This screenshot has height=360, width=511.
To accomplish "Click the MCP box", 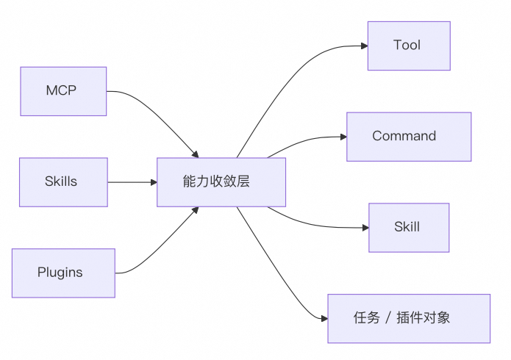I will (63, 91).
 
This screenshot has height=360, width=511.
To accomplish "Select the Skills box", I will (63, 181).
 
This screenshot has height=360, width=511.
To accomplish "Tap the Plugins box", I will (63, 273).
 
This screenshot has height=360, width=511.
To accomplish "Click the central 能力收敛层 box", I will (221, 181).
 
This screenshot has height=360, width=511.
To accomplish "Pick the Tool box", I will (409, 46).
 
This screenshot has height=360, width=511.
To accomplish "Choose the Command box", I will (409, 136).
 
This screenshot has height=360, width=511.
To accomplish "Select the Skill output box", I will (409, 227).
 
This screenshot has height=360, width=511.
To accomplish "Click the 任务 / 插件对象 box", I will (409, 318).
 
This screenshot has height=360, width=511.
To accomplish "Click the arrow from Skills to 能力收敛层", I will (132, 181).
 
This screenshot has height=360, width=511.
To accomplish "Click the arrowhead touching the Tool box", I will (364, 46).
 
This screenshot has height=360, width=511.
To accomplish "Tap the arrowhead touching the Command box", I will (343, 137).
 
